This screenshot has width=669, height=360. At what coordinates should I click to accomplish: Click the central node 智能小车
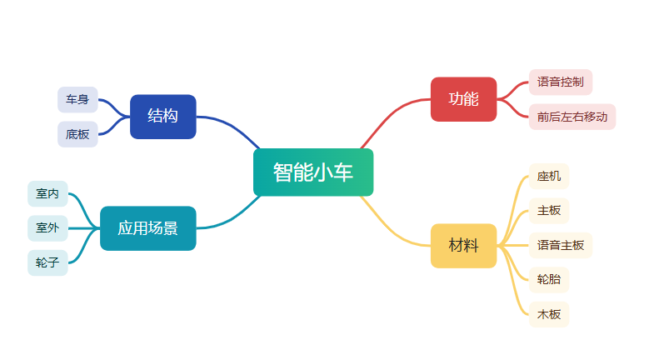point(312,172)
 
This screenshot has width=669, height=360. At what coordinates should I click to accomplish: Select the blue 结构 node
point(162,117)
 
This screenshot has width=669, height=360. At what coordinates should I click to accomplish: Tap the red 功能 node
point(463,99)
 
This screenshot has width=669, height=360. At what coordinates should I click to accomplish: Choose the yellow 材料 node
point(463,246)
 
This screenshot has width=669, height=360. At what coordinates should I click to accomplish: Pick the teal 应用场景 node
point(147,228)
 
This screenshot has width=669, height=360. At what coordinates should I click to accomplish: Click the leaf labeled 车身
point(77,100)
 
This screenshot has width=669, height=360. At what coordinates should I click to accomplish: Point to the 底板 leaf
point(77,134)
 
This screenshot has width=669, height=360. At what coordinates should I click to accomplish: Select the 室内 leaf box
point(47,193)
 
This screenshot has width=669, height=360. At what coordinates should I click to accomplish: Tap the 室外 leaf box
point(47,227)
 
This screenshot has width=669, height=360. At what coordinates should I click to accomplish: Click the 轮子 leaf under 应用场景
point(47,262)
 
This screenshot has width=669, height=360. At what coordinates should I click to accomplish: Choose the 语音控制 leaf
point(560,82)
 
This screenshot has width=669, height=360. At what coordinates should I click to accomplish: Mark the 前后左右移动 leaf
point(572,117)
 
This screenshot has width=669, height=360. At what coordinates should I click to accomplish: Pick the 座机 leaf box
point(549,177)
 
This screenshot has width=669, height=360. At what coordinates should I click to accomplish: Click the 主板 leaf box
point(549,211)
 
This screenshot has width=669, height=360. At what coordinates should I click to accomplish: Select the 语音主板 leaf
point(561,246)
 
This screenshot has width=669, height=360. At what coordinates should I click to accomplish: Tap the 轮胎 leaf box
point(549,280)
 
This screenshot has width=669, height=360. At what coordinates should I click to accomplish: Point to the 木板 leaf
point(549,315)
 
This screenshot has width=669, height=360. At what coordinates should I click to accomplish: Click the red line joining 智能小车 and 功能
point(392,112)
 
